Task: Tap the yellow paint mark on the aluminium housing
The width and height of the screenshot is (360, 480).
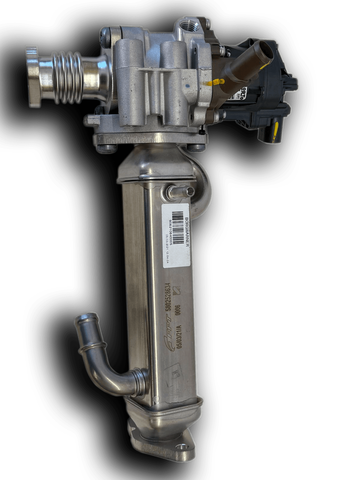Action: pos(215,82)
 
